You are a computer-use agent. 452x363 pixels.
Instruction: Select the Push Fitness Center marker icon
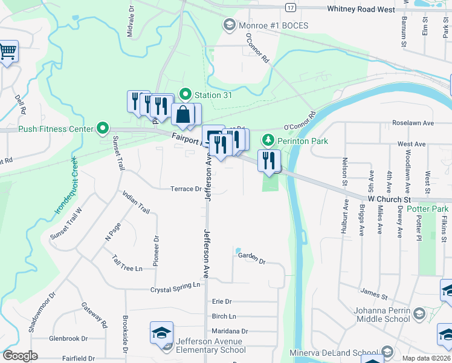[103, 128]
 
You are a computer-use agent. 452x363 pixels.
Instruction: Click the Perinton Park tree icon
[268, 141]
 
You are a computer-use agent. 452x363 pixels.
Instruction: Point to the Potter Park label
[427, 209]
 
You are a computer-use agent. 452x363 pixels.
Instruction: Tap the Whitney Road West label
[360, 9]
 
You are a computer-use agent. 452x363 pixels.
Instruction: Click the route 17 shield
[291, 7]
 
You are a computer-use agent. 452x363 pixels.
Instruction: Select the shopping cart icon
[8, 52]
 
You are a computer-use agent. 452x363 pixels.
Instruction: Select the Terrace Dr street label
[185, 189]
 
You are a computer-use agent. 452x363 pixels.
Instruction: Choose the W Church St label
[389, 199]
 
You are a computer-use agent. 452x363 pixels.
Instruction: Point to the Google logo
[20, 356]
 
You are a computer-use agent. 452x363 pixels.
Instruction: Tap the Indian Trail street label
[135, 201]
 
